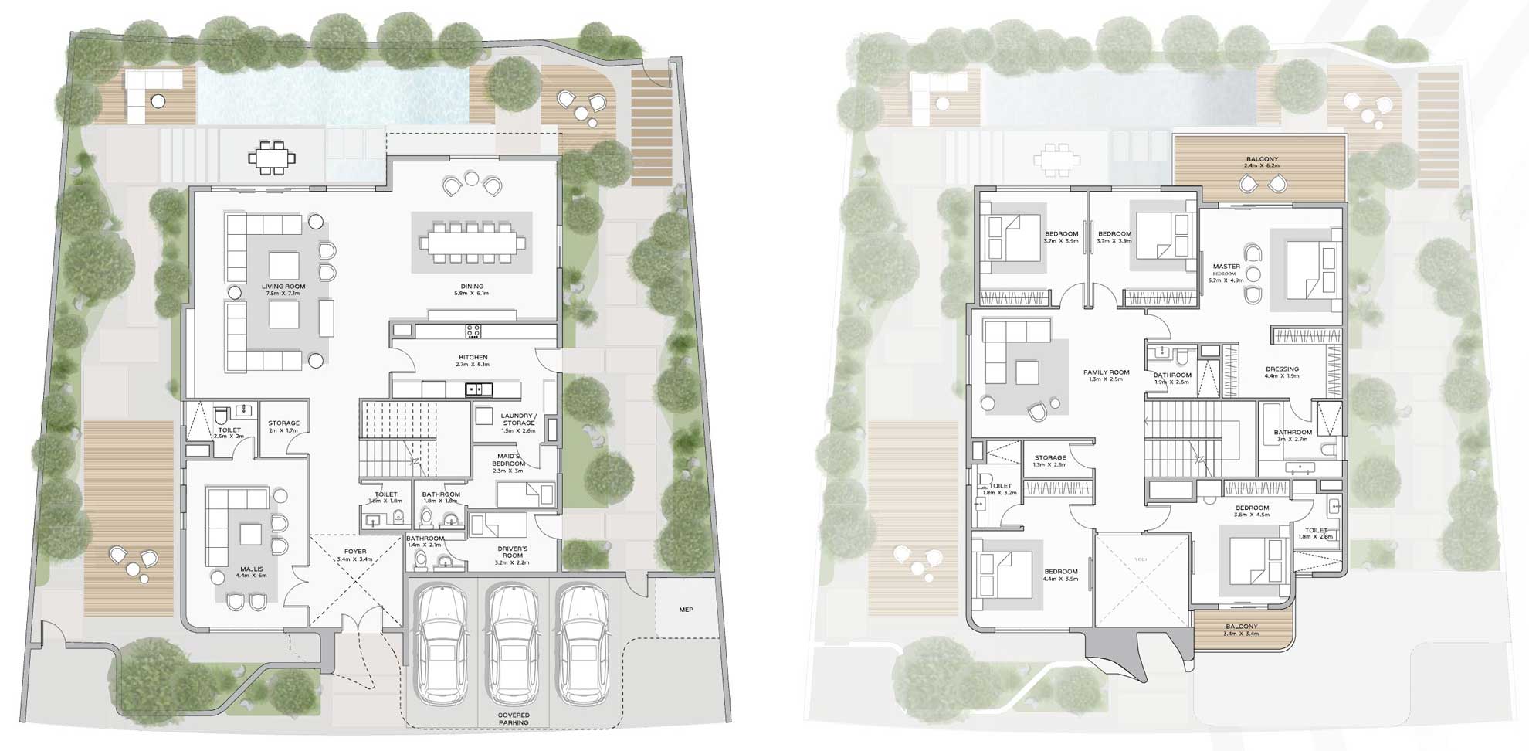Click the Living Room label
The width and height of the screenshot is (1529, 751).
[x=284, y=287]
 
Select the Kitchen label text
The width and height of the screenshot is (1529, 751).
[x=473, y=358]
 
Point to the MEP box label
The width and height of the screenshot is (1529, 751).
[x=686, y=610]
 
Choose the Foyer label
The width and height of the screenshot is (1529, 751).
[x=355, y=552]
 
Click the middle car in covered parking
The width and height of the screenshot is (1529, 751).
[x=514, y=645]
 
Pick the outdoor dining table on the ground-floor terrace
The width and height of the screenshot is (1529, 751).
[x=272, y=158]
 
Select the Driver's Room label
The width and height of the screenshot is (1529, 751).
[x=513, y=552]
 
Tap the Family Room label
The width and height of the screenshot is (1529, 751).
[x=1106, y=372]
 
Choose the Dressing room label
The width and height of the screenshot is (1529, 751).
[x=1282, y=369]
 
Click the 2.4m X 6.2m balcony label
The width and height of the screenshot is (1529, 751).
[x=1262, y=160]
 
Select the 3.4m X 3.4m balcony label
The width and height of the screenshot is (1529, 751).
[x=1241, y=627]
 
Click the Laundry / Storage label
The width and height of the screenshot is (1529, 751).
[x=518, y=420]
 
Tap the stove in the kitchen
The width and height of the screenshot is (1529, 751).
[x=473, y=331]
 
